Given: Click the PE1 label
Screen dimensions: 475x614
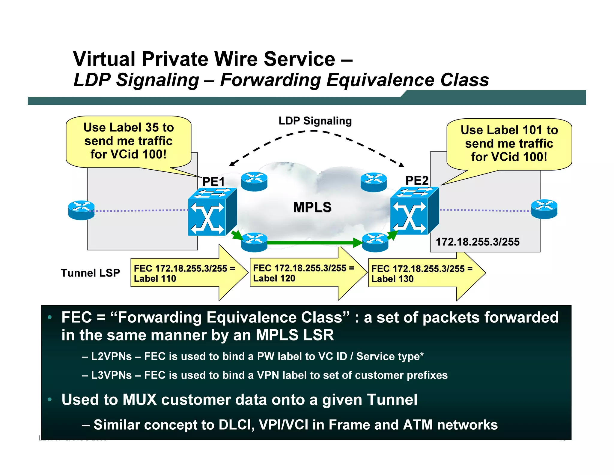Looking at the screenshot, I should (213, 182).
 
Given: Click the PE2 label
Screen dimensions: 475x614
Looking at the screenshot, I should (417, 180).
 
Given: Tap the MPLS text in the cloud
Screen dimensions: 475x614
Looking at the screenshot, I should (312, 207).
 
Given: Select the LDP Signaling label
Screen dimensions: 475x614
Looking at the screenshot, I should (315, 121).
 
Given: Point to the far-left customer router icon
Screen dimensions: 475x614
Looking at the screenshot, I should (81, 210).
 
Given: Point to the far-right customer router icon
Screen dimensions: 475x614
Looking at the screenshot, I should (544, 209).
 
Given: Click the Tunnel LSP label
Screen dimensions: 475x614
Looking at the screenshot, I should (90, 273).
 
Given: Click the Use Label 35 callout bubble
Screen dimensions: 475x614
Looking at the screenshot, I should (128, 141).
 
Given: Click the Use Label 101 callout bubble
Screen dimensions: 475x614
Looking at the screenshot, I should (509, 144).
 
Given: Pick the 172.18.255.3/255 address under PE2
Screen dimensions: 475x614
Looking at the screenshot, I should (477, 242).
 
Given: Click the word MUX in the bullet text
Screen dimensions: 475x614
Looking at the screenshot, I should (139, 400).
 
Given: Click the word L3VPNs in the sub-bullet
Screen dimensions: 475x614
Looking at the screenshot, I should (111, 375).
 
